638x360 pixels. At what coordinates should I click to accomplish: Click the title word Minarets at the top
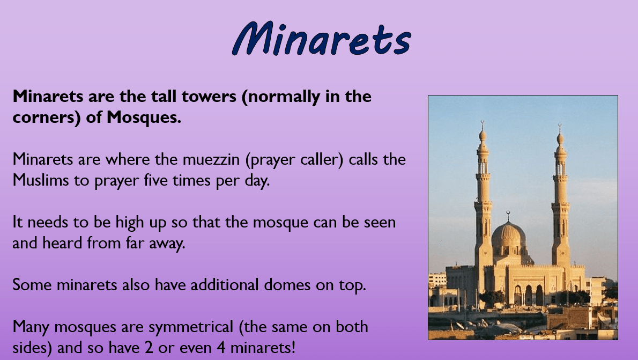pos(322,39)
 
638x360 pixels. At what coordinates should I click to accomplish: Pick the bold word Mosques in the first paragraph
pos(144,117)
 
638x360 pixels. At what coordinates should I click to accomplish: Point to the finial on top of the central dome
pos(507,216)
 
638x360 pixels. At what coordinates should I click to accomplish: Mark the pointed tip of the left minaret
pos(483,123)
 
